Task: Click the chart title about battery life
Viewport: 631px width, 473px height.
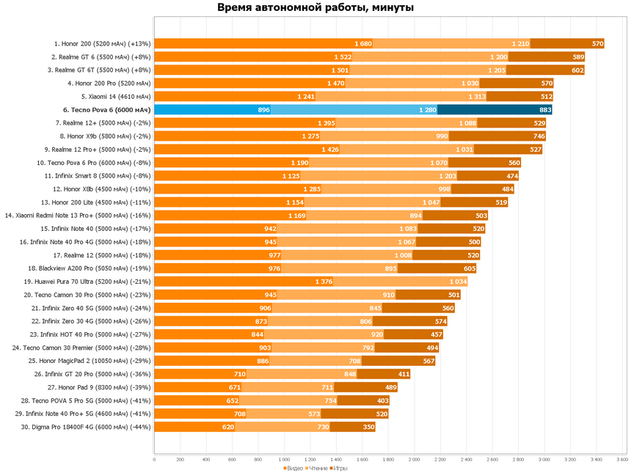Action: click(315, 8)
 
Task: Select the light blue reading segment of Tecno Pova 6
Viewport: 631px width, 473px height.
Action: click(354, 110)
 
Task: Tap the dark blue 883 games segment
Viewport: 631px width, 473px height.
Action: click(495, 110)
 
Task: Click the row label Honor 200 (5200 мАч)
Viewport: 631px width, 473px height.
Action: click(101, 44)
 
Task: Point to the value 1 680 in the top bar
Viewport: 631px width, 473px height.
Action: click(362, 44)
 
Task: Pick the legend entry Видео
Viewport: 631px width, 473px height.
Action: click(294, 467)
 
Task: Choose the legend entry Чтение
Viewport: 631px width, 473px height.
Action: click(319, 467)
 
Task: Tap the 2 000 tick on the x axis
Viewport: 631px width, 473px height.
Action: click(414, 459)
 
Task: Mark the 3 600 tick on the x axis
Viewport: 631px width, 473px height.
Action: click(621, 459)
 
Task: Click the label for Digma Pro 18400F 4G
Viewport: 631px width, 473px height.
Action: click(86, 427)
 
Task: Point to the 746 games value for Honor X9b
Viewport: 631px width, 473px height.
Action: click(539, 136)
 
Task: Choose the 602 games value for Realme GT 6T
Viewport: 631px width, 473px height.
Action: click(577, 70)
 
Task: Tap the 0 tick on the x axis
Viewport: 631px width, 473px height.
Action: click(154, 459)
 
